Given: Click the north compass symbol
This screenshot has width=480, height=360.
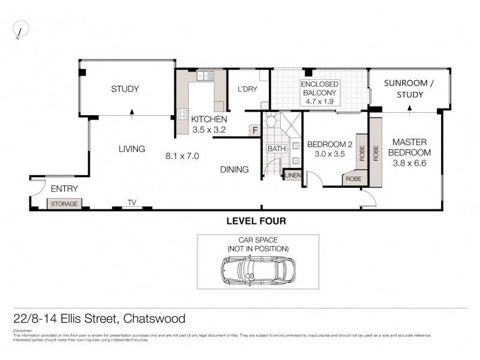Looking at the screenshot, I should tap(21, 29).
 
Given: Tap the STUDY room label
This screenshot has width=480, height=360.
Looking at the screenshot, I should tap(125, 89).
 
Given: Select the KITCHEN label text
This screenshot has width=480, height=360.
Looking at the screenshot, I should tap(209, 119).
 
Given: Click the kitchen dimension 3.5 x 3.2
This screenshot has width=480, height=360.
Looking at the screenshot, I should tap(209, 129).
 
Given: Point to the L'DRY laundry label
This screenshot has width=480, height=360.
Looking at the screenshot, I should tap(247, 89).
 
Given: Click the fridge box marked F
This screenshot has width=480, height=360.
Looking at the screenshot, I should tap(254, 130).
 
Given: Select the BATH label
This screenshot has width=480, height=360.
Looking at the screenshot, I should tap(277, 149).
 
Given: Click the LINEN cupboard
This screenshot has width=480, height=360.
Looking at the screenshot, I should tap(292, 175).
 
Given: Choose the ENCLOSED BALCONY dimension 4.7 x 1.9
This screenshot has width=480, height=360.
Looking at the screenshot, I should tap(320, 102).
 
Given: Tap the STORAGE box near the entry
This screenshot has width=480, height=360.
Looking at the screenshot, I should tap(64, 204).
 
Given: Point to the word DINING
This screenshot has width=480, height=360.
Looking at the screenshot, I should tap(233, 170).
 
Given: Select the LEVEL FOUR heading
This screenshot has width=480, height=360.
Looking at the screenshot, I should tap(256, 221).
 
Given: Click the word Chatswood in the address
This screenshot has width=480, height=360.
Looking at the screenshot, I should tap(156, 319).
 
